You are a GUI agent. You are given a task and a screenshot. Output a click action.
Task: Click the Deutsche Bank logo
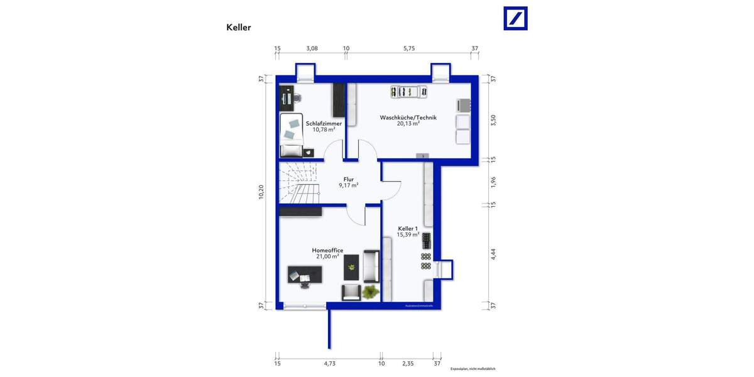click(516, 18)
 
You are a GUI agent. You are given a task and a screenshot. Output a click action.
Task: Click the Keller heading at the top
click(239, 28)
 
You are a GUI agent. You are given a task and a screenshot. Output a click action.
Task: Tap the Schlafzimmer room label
click(324, 124)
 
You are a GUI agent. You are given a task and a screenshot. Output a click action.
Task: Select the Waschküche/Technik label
click(408, 117)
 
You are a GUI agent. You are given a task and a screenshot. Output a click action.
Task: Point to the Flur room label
click(349, 179)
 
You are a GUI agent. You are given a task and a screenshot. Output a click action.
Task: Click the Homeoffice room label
click(327, 250)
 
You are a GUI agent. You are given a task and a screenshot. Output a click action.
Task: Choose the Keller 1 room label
click(408, 228)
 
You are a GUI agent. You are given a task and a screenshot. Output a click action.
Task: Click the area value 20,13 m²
click(408, 124)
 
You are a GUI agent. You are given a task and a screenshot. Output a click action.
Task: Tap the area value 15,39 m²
click(408, 234)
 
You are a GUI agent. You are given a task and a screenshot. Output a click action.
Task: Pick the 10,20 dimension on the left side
click(261, 192)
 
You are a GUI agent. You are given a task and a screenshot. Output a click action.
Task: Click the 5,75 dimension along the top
click(409, 48)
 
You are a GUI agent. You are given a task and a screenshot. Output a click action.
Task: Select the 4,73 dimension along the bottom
click(329, 363)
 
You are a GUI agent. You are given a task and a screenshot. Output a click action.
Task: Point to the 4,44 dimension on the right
click(493, 254)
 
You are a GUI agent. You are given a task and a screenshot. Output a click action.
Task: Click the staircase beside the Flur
click(299, 182)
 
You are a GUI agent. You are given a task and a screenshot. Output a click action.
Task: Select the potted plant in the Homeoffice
click(371, 291)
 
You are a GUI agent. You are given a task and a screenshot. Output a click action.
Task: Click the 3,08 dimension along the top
click(312, 48)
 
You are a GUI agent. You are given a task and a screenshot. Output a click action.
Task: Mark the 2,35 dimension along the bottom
click(408, 363)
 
